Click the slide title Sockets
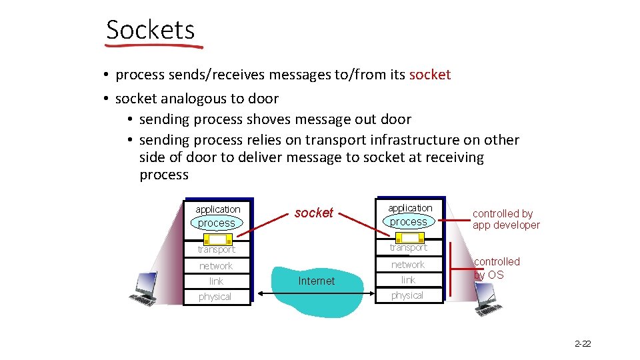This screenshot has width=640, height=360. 150,30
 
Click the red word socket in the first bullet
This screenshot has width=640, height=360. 430,75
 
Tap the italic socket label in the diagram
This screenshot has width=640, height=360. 313,213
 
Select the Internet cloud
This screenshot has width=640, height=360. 316,281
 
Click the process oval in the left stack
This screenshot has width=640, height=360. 217,223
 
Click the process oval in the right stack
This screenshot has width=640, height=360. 408,221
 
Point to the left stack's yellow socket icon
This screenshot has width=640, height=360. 216,239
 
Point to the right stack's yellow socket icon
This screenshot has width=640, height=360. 409,237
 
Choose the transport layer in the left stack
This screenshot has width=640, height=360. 216,250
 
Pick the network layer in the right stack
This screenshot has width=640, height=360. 408,265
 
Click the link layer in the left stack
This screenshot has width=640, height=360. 216,281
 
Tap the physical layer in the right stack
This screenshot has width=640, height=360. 407,295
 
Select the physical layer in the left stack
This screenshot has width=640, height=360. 215,297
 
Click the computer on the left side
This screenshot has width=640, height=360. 144,288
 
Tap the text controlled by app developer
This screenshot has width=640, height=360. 506,219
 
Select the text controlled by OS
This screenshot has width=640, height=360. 497,268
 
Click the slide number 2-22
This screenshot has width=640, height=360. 582,344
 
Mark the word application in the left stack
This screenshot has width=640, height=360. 217,209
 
